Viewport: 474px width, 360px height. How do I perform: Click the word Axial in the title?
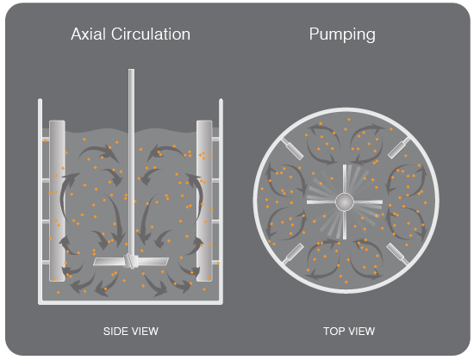coord(89,34)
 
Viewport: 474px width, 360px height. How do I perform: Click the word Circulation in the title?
coord(151,34)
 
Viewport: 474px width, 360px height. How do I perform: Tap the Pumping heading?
coord(342,35)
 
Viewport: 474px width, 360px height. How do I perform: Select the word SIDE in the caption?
coord(115,332)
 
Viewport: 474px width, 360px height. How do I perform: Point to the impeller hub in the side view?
coord(131,261)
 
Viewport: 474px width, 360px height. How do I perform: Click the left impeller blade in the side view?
coord(109,262)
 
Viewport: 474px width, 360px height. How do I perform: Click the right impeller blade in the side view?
coord(153,261)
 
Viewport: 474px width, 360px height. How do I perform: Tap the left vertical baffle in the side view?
coord(57,201)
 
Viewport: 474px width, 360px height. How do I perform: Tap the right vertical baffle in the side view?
coord(204,201)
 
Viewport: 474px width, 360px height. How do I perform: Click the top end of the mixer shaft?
coord(131,70)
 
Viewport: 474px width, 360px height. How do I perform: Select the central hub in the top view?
coord(345,202)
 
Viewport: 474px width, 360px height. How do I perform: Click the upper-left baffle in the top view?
coord(293,149)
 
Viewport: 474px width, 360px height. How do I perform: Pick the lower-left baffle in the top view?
coord(293,254)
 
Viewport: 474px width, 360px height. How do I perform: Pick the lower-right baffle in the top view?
coord(397,254)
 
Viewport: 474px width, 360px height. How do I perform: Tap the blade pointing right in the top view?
coord(368,202)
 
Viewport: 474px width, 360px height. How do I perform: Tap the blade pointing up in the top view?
coord(345,179)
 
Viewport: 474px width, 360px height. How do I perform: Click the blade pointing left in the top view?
coord(321,202)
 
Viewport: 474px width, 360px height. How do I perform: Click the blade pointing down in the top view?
coord(345,225)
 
